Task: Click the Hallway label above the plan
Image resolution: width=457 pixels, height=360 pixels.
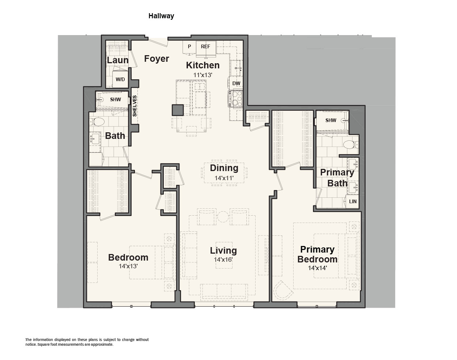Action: pos(161,16)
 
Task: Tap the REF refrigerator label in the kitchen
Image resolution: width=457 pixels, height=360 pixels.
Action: pos(205,46)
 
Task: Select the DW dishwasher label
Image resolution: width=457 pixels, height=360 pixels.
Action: pos(236,83)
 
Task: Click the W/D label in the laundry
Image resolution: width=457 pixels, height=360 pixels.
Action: pos(120,79)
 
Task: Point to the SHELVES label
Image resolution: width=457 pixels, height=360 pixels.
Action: pos(135,106)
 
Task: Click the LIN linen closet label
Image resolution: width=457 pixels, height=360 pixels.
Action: pos(353,201)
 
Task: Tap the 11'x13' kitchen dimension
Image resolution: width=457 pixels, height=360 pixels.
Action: pos(203,75)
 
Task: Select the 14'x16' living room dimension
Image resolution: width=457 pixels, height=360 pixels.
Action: pos(223,259)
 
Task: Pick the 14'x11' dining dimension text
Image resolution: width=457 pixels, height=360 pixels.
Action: pos(224,178)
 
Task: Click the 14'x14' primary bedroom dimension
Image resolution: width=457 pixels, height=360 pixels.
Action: pos(317,268)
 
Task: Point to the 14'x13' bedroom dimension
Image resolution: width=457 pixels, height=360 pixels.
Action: pos(128,266)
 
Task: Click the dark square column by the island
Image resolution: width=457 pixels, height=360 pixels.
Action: pos(178,110)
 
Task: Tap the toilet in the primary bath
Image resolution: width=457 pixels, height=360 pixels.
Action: pos(351,145)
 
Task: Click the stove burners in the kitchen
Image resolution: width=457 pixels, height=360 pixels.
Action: pos(235,98)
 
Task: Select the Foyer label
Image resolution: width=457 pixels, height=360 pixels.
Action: pos(156,58)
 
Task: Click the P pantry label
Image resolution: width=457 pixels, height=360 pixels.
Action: pos(189,46)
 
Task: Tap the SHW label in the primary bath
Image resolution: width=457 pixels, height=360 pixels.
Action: pos(331,120)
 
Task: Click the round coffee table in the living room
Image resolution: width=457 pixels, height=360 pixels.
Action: pos(223,217)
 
